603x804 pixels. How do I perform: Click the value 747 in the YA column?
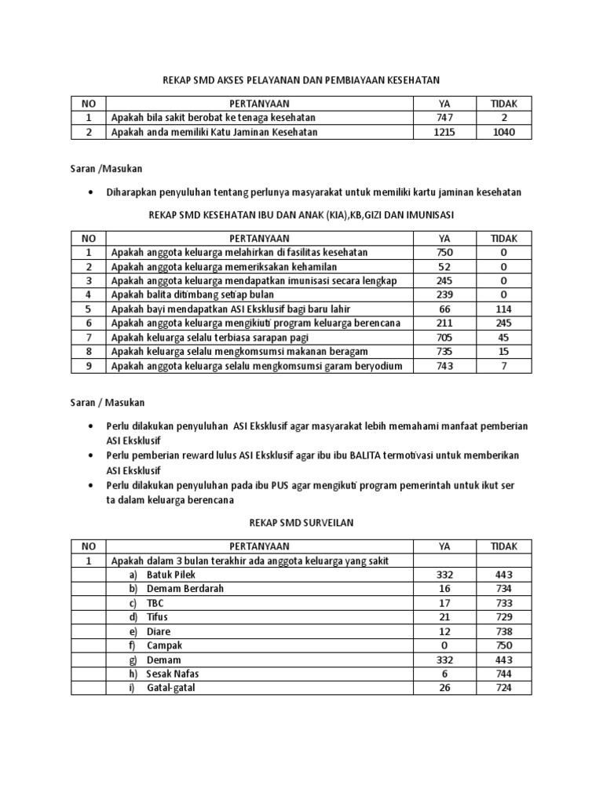[x=444, y=118]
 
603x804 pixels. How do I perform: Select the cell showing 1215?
[x=444, y=132]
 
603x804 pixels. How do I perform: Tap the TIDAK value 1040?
[x=503, y=132]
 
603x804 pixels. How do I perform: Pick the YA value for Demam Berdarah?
[x=444, y=589]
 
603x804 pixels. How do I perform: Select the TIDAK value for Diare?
[x=503, y=631]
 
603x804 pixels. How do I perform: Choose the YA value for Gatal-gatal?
[x=444, y=688]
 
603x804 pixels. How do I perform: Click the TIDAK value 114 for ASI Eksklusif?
[x=503, y=309]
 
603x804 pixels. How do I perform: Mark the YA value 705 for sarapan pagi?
[x=444, y=338]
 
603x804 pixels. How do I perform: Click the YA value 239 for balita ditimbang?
[x=444, y=295]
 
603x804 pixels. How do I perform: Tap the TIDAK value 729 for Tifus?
[x=503, y=617]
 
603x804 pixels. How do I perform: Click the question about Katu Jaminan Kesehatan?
[x=214, y=132]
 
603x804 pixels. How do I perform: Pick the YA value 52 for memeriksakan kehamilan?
[x=444, y=267]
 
